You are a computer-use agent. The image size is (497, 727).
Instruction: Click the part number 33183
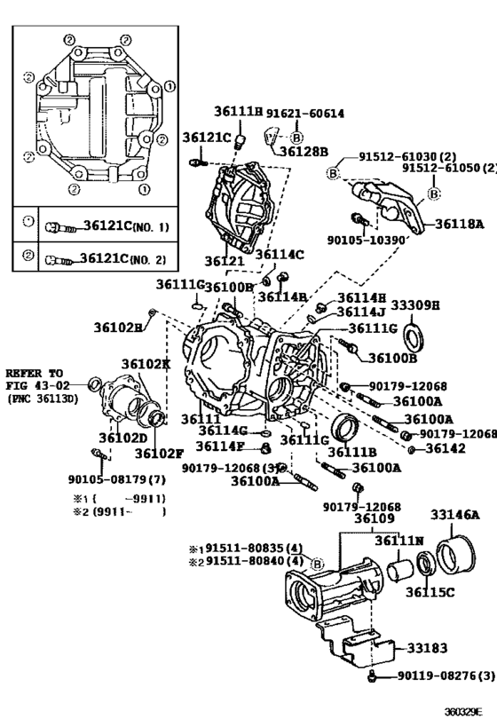(x=428, y=647)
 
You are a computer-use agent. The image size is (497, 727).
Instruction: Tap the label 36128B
(x=304, y=151)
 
